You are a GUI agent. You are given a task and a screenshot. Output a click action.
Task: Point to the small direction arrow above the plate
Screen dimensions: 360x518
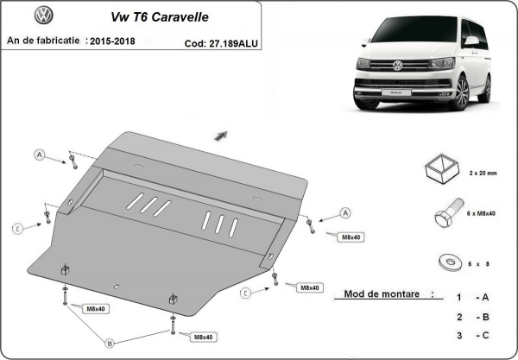220,136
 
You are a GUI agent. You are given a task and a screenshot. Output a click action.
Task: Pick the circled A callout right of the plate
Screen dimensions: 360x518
344,212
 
